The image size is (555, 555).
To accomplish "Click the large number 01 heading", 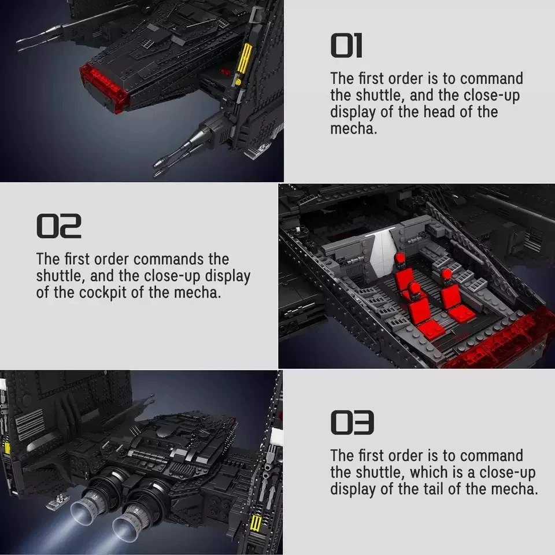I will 346,46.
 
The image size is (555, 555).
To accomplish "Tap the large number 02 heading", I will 59,227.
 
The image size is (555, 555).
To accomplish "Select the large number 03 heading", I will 352,423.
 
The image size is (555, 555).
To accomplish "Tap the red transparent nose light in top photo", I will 104,87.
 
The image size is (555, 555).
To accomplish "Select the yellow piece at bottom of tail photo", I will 257,524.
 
